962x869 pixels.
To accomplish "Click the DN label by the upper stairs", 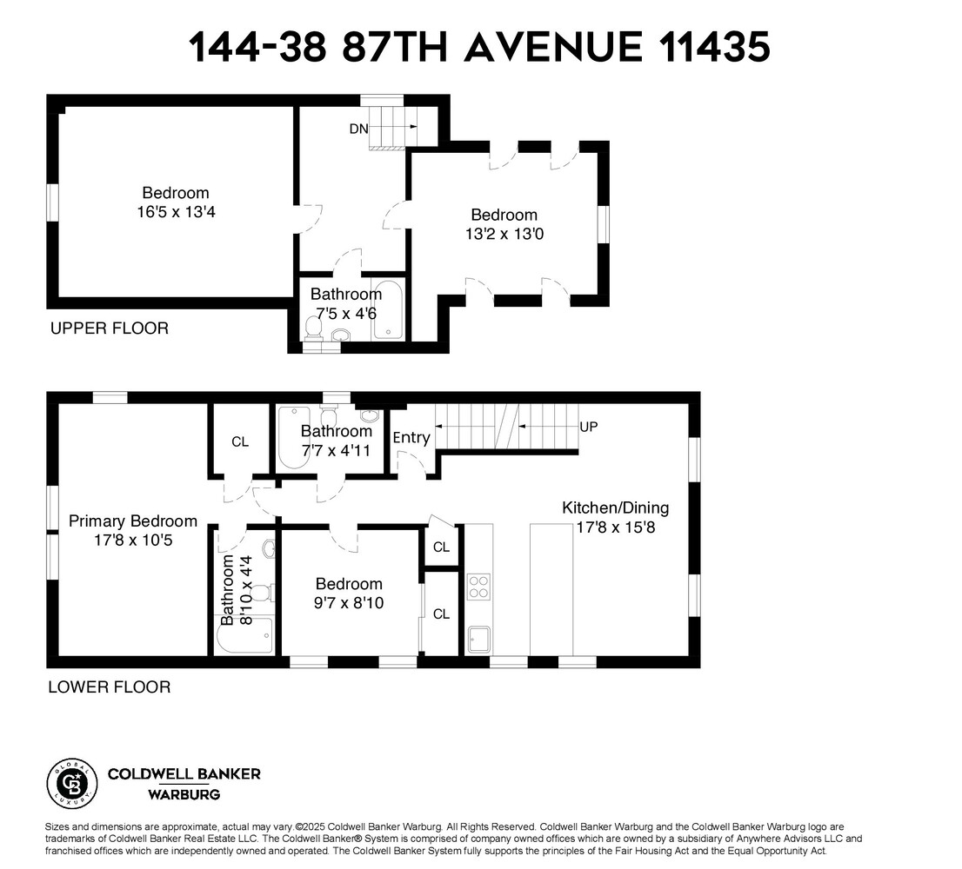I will [x=358, y=129].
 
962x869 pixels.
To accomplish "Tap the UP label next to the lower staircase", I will [x=589, y=427].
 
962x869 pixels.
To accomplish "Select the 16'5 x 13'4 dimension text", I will [x=176, y=210].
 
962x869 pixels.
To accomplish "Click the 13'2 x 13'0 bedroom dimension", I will [x=504, y=233].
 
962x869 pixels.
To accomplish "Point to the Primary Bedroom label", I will [x=133, y=521].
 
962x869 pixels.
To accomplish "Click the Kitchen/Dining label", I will [x=615, y=508].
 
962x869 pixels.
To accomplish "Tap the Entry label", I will [x=411, y=437].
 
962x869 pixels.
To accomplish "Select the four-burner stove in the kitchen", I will [x=478, y=587].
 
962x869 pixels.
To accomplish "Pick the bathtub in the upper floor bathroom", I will [x=387, y=310].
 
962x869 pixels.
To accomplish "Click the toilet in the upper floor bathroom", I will [x=314, y=328].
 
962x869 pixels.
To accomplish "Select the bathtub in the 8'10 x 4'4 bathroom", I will [x=244, y=637].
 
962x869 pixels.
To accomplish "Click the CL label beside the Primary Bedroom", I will [x=240, y=441].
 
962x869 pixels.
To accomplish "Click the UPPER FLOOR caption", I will [x=109, y=328].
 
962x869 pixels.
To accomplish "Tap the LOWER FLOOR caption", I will [x=109, y=687].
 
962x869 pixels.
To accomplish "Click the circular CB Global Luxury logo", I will [x=70, y=781].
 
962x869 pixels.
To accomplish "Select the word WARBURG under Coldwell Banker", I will [x=184, y=794].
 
